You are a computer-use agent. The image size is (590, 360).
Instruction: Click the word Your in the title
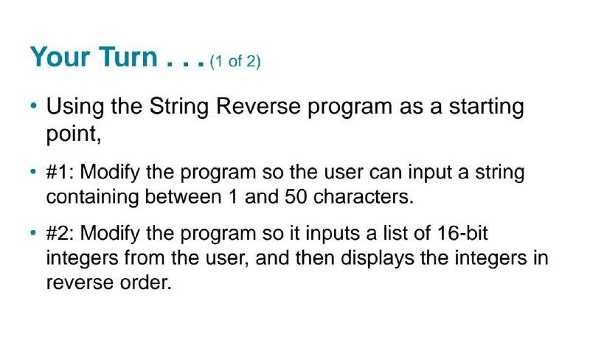tap(60, 57)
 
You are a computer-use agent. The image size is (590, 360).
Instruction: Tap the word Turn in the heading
tap(128, 57)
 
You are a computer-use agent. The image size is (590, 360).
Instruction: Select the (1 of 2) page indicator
tap(235, 61)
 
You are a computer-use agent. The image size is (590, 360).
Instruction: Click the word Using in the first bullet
tap(75, 106)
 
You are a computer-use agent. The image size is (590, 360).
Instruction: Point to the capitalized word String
tap(178, 106)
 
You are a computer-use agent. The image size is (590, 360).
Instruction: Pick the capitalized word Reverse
tap(258, 106)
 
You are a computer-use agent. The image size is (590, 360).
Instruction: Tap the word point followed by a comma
tap(74, 134)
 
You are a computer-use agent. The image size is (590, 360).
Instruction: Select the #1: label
tap(60, 172)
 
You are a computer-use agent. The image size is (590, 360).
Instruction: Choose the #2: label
tap(60, 233)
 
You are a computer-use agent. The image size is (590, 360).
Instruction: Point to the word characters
tap(363, 196)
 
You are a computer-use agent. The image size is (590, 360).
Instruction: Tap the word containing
tap(93, 197)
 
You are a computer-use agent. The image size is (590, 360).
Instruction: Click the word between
tap(183, 196)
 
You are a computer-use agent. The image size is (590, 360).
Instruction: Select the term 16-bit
tap(462, 232)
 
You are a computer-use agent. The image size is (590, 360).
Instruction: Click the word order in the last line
tap(145, 283)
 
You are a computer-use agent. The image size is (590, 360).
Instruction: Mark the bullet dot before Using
tap(34, 105)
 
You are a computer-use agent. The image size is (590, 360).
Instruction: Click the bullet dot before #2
tap(34, 232)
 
